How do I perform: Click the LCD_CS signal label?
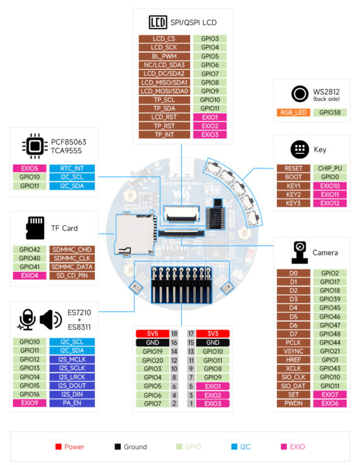164,39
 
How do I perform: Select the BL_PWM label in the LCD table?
164,56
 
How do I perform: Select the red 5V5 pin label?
152,333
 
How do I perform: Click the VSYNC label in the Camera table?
293,351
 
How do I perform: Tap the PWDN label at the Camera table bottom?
293,403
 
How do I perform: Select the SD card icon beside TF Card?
34,227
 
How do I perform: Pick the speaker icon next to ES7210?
50,319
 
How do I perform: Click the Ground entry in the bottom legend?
131,446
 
